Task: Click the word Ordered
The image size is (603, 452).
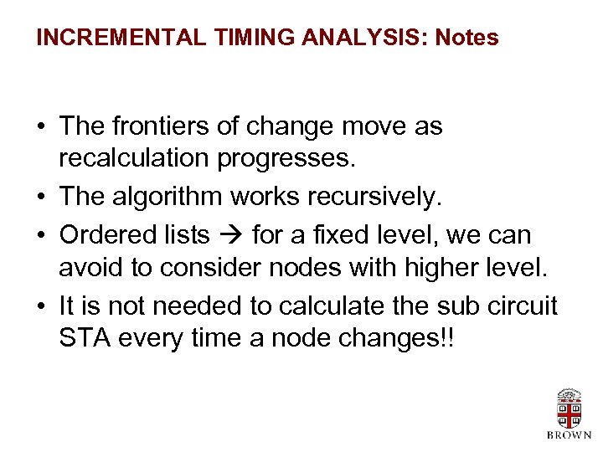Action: tap(100, 235)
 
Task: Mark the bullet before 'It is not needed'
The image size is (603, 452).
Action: tap(41, 307)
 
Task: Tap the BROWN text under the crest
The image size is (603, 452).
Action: tap(569, 435)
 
